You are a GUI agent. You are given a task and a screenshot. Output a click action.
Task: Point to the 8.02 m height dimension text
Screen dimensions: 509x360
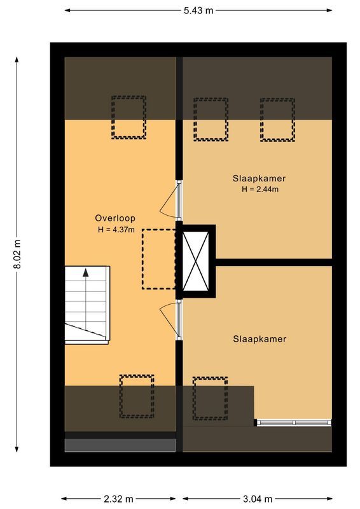tap(17, 255)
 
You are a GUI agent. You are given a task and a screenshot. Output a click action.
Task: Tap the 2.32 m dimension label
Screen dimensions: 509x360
tap(119, 499)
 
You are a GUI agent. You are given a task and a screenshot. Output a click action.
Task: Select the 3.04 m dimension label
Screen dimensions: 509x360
tap(257, 499)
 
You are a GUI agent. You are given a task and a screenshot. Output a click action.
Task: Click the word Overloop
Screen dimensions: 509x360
tap(116, 218)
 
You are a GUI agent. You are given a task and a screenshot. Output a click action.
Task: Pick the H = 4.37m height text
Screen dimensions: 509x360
tap(116, 229)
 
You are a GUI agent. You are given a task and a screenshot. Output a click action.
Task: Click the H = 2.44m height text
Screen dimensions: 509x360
tap(260, 189)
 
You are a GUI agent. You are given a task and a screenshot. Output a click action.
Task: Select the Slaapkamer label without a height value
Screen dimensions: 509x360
tap(260, 339)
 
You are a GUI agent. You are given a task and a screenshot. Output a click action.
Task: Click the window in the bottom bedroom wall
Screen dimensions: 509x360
tap(294, 421)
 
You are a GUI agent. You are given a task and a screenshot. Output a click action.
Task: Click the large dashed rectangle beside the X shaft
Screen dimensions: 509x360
tap(158, 259)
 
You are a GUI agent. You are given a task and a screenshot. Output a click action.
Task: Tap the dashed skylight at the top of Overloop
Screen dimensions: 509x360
tap(128, 118)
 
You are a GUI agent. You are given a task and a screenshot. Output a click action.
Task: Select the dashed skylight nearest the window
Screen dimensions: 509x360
tap(210, 398)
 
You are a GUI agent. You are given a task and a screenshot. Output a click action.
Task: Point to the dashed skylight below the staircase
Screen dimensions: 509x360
tap(137, 396)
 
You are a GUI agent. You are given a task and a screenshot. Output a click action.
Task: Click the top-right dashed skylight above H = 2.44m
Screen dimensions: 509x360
tap(276, 120)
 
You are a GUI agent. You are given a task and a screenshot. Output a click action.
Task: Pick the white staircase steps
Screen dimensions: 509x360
tap(87, 304)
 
